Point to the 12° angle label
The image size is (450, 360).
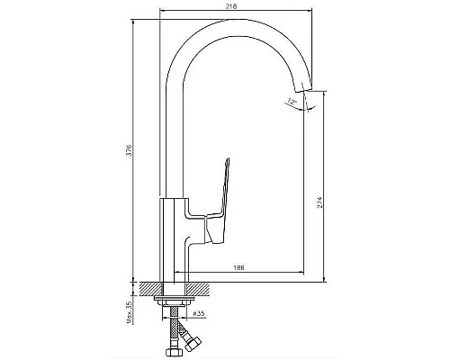(x=291, y=101)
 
